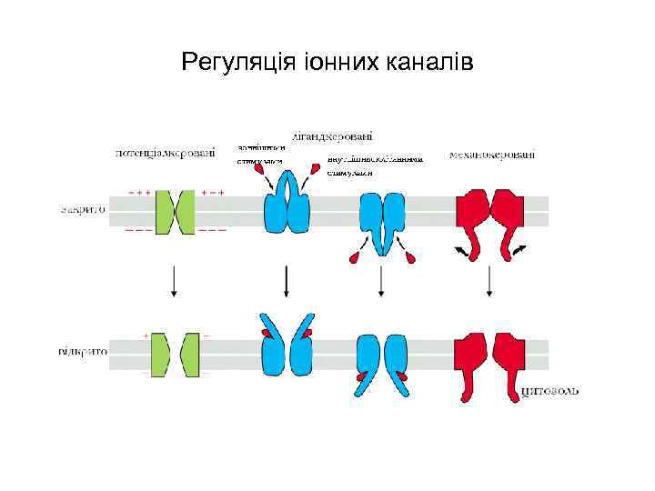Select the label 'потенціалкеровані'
click(x=166, y=153)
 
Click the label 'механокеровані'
click(x=492, y=155)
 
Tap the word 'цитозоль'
click(x=549, y=392)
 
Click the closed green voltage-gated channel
click(x=175, y=212)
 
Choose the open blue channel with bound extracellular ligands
click(x=287, y=346)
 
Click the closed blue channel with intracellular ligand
click(x=382, y=221)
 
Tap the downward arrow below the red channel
click(x=490, y=281)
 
